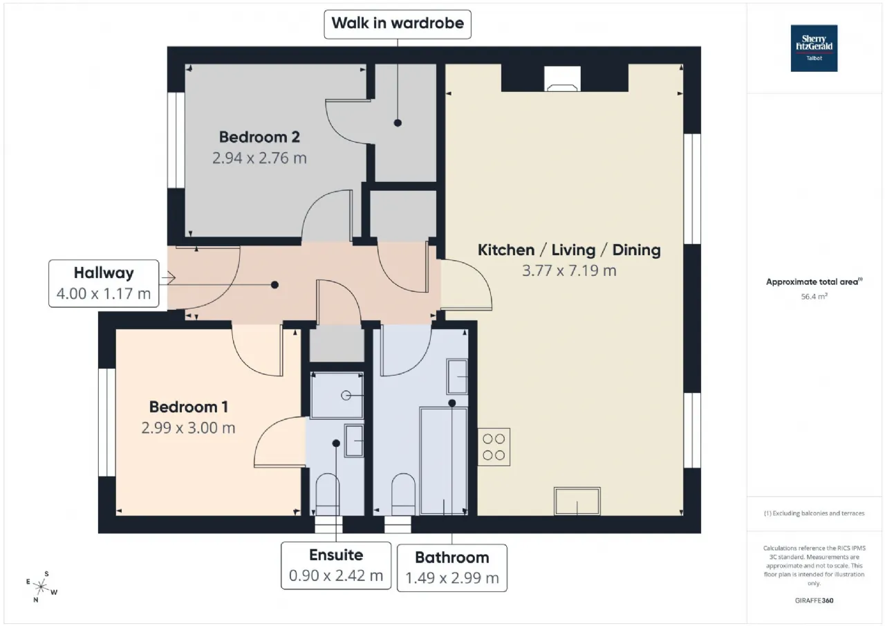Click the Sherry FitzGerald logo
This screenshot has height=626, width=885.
pos(814,48)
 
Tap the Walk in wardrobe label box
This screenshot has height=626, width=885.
pos(398,24)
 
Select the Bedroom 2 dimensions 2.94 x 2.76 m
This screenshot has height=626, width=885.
pos(259,158)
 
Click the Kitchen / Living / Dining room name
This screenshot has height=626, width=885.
pos(569,250)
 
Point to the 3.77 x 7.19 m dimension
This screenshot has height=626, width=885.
pos(569,270)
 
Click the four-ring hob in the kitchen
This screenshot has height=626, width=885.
pos(494,447)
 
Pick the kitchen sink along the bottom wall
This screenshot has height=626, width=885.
pos(577,501)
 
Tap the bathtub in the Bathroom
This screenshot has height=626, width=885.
pos(444,461)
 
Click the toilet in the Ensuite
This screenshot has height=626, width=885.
pos(328,495)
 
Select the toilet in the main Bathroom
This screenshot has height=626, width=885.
pos(403,495)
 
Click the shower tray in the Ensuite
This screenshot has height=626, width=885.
pos(337,395)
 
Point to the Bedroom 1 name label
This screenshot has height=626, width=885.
pos(189,407)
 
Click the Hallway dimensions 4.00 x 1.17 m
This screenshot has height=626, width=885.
pos(104,294)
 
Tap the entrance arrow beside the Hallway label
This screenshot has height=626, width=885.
pos(168,277)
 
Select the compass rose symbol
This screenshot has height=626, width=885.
pos(41,587)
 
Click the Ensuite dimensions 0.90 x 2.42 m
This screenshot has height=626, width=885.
pos(336,576)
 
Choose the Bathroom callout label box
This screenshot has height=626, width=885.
pos(452,568)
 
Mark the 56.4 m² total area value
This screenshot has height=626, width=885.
pos(814,297)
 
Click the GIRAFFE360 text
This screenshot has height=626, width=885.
pos(814,600)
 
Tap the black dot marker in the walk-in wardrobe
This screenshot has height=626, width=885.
pos(398,123)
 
